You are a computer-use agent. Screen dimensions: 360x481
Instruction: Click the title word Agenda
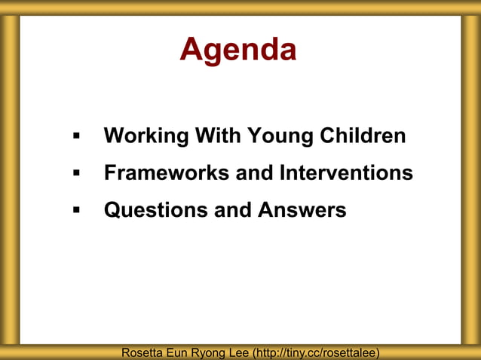238,50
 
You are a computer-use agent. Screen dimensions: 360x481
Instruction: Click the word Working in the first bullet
146,136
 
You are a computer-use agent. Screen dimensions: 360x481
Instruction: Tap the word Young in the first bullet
279,136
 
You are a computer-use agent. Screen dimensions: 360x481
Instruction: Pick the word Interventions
346,172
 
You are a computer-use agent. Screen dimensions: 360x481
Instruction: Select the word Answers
302,209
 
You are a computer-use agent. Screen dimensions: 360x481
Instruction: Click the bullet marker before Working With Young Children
76,137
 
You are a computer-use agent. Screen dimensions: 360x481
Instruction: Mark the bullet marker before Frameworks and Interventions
76,174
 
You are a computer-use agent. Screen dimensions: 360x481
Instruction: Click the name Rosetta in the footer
143,352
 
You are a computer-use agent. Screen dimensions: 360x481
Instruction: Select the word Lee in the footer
238,352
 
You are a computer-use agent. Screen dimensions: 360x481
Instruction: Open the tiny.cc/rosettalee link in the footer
316,352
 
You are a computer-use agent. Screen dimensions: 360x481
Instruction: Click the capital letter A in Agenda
191,50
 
